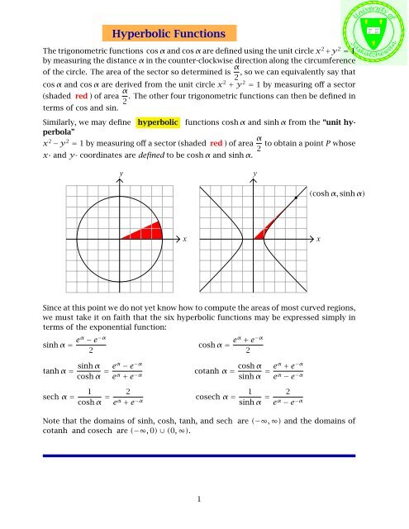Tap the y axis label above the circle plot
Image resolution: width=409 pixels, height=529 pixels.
120,174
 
